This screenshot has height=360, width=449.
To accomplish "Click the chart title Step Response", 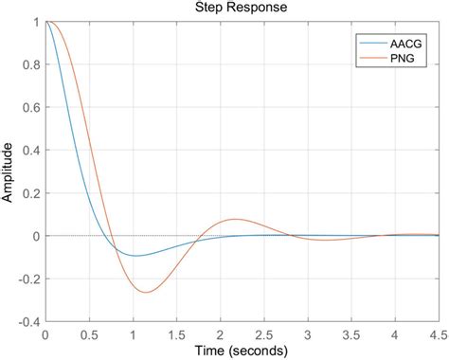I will click(242, 9).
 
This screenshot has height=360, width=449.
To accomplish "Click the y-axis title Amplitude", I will click(9, 171).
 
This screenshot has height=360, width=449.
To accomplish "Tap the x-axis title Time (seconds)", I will click(242, 351).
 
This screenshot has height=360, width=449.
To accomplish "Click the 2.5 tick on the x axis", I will click(264, 333).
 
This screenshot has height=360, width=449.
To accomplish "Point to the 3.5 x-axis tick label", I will click(351, 333).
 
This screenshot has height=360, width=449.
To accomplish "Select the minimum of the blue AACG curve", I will click(135, 256).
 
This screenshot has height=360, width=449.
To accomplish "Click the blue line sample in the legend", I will click(370, 44).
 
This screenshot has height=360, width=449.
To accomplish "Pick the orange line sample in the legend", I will click(370, 59).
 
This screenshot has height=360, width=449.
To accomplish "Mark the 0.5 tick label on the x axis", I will click(89, 333).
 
